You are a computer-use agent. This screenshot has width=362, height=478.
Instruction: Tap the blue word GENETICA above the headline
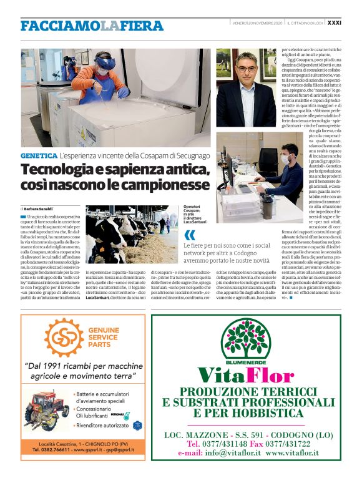pyautogui.click(x=39, y=155)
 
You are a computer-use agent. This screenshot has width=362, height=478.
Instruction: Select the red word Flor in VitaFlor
pyautogui.click(x=269, y=375)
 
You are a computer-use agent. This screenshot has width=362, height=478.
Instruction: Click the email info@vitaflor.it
pyautogui.click(x=227, y=452)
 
